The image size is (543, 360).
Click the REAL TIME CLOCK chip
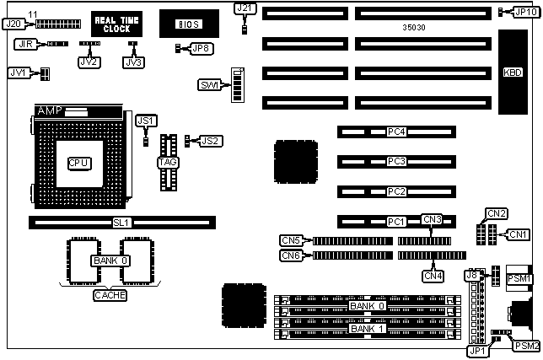[112, 23]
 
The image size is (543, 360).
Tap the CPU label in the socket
[79, 161]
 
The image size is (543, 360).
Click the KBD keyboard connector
[513, 73]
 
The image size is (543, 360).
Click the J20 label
[13, 24]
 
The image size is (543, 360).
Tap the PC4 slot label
[396, 132]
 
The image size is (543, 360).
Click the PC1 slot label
[396, 222]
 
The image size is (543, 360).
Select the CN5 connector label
[291, 240]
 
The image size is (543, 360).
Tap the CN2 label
[497, 213]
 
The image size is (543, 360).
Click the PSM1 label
[519, 278]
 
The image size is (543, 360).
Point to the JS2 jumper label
[211, 140]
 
